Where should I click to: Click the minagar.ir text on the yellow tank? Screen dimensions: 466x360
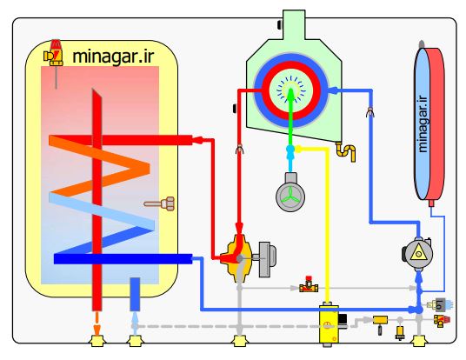(x=113, y=56)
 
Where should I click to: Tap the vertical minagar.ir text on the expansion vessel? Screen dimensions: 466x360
(x=423, y=123)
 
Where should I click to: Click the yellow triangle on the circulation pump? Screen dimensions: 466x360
(x=418, y=253)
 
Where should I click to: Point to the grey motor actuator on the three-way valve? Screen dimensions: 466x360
(x=267, y=259)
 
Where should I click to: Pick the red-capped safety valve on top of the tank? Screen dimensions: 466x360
(x=54, y=53)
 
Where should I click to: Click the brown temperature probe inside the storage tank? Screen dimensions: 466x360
(x=160, y=203)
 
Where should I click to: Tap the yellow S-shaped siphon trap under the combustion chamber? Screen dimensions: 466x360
(x=346, y=151)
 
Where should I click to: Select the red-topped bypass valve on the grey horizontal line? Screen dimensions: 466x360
(x=309, y=284)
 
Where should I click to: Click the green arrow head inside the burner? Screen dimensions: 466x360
(x=290, y=94)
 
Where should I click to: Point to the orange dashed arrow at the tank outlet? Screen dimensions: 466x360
(x=97, y=323)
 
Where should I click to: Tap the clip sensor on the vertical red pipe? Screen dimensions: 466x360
(x=240, y=150)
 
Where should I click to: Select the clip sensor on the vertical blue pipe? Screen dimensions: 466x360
(x=370, y=112)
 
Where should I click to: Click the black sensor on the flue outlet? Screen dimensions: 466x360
(x=280, y=24)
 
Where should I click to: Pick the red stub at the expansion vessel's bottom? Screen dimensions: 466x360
(x=431, y=203)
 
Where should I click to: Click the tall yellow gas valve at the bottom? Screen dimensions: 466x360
(x=329, y=324)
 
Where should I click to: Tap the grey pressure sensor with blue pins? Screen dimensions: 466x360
(x=439, y=304)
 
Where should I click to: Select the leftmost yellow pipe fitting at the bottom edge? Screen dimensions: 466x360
(x=97, y=341)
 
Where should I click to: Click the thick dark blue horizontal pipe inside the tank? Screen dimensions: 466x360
(x=123, y=259)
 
